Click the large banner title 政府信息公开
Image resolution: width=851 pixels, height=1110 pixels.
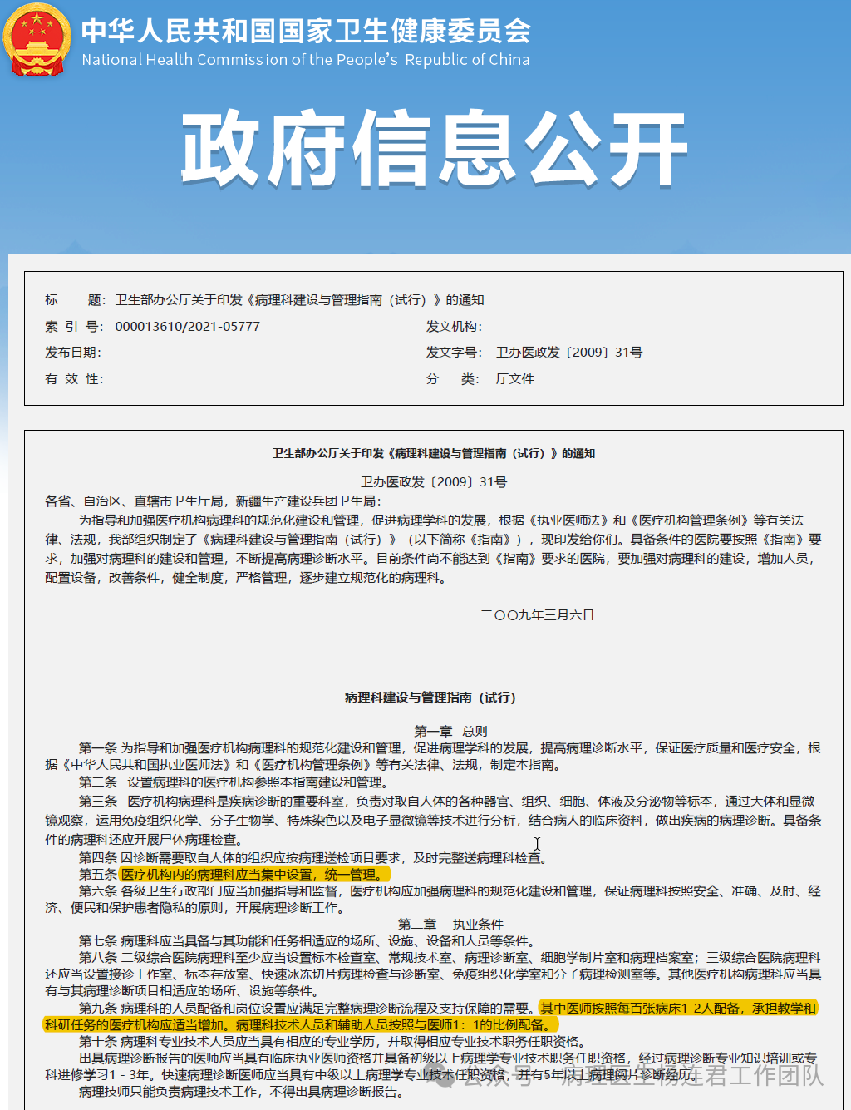tap(434, 150)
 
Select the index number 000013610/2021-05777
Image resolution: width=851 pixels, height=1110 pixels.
tap(187, 327)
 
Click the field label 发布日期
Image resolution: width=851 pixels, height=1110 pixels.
tap(73, 353)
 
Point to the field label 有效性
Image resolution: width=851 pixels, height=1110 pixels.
tap(73, 379)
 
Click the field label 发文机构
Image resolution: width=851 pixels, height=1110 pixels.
tap(454, 327)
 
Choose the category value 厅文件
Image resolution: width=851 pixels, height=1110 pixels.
tap(515, 379)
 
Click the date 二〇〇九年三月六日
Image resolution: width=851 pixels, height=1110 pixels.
tap(537, 615)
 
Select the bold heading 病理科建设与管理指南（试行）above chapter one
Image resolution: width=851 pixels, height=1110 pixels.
tap(430, 698)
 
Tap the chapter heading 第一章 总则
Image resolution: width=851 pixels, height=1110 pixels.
tap(450, 731)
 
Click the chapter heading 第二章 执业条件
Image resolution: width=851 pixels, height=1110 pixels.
tap(450, 924)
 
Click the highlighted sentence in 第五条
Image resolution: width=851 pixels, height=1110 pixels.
tap(252, 875)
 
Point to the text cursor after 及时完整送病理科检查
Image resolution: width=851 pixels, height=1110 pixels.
tap(538, 844)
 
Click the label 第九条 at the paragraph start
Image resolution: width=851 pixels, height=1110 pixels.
tap(97, 1009)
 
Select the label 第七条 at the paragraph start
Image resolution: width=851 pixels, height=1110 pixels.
tap(97, 941)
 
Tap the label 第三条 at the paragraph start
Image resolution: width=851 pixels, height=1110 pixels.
tap(97, 802)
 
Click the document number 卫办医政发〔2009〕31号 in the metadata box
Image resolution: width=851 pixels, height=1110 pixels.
tap(569, 353)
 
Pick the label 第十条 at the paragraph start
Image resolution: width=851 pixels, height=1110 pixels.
tap(97, 1042)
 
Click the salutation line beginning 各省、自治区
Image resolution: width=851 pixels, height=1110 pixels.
tap(213, 501)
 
